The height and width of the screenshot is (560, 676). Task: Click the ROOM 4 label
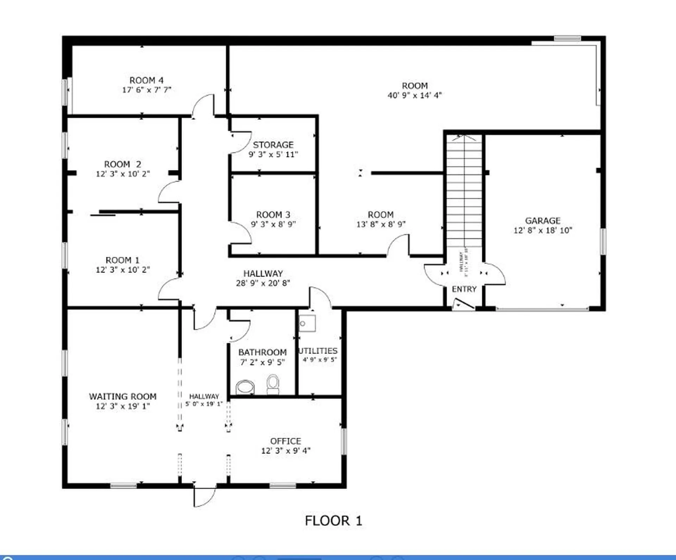click(146, 80)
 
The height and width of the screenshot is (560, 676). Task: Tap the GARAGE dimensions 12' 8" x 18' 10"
click(543, 230)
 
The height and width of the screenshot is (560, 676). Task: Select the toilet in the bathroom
click(273, 384)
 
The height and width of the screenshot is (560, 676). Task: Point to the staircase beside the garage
click(464, 190)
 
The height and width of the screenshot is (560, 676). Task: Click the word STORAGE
click(273, 145)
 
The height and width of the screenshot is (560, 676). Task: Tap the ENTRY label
click(464, 289)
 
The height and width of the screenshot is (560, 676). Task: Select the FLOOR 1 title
click(333, 521)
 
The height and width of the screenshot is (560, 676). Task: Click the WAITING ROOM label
click(123, 396)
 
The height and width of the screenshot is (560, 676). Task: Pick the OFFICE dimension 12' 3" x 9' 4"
click(286, 451)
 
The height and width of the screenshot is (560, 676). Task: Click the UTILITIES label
click(318, 351)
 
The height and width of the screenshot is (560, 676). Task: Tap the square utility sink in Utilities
click(307, 323)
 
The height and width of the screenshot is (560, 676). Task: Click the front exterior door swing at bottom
click(204, 497)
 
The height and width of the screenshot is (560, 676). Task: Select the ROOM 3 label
click(273, 215)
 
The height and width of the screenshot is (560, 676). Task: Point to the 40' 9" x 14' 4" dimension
click(414, 95)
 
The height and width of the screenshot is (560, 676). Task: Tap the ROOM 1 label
click(123, 260)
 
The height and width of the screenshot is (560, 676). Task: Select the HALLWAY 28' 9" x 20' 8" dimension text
click(263, 283)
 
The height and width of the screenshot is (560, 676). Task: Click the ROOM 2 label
click(123, 164)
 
